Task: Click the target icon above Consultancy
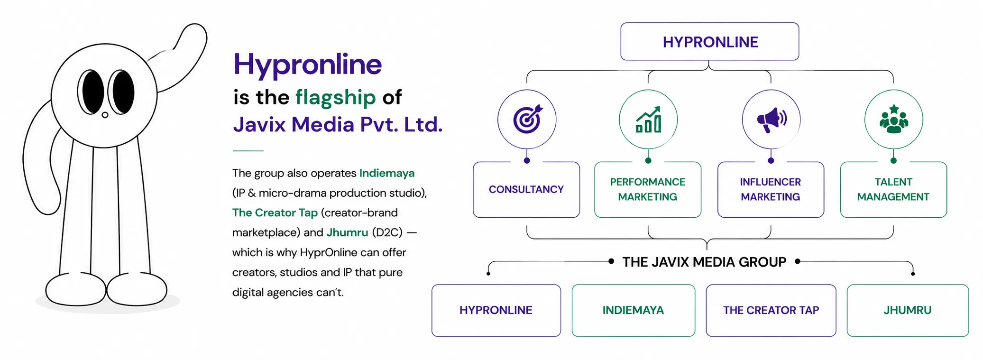coord(527,119)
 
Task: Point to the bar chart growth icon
coord(649,120)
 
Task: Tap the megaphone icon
coord(772,120)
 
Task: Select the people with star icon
coord(894,119)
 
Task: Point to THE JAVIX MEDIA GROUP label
coord(704,262)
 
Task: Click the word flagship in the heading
coord(336,98)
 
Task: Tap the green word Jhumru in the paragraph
coord(347,232)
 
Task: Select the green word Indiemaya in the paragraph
coord(387,173)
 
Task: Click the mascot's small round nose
coord(105,115)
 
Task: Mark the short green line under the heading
coord(248,151)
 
